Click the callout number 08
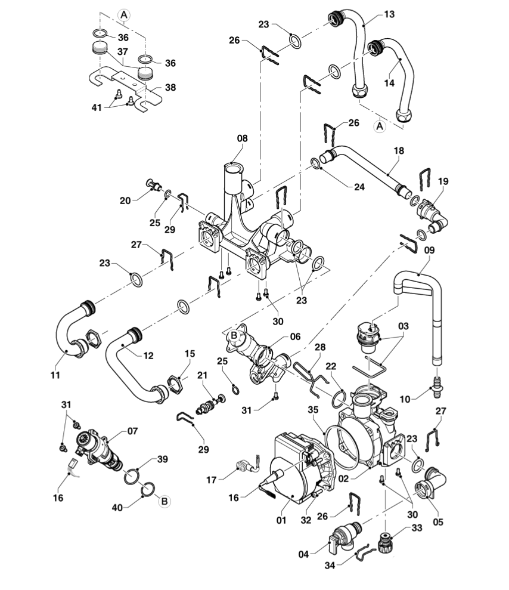point(242,138)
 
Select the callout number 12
point(148,356)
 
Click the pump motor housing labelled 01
point(295,471)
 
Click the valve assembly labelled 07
point(98,447)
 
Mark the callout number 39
point(163,459)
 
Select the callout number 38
point(170,87)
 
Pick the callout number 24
point(359,186)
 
